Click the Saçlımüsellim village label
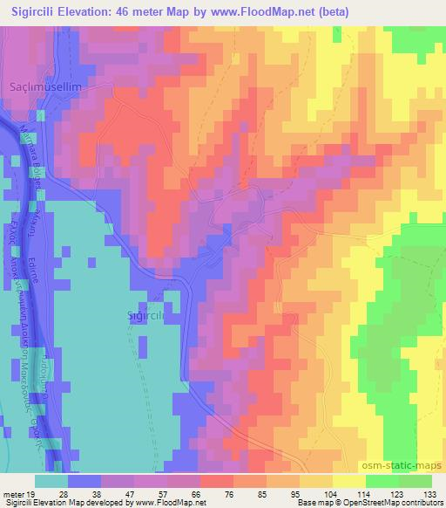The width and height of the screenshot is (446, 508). (51, 90)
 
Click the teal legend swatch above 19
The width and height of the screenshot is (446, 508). (51, 481)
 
